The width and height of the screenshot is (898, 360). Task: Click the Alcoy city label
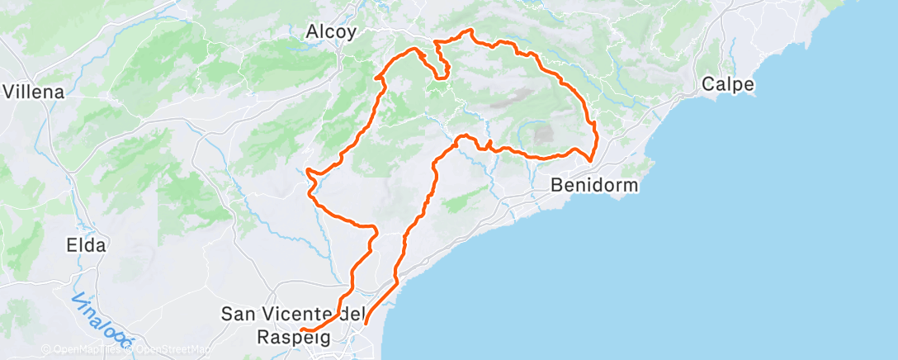(x=331, y=32)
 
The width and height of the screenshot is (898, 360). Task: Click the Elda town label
(x=86, y=245)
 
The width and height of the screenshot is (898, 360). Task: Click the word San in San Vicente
(x=240, y=314)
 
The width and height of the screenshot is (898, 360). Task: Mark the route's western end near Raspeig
(x=301, y=330)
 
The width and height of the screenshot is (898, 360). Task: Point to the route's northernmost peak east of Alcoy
(x=470, y=31)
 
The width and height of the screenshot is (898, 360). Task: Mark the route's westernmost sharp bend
(x=307, y=170)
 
